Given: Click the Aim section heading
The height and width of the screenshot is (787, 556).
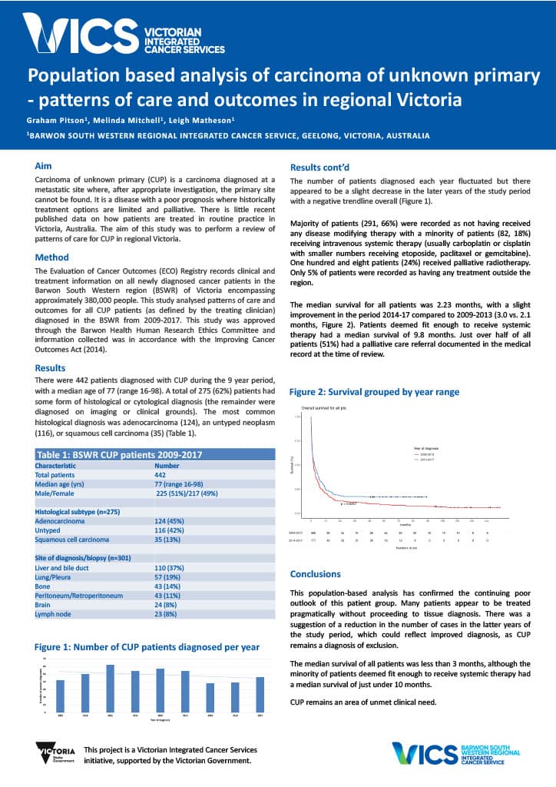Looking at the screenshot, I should coord(44,165).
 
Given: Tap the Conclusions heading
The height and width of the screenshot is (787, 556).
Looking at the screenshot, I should coord(315,573).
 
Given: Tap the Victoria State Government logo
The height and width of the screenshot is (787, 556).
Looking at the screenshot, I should coord(55,753).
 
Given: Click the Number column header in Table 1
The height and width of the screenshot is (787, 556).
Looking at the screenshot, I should coord(167,465).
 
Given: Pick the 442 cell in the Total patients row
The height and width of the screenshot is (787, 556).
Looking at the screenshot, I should coord(162,475).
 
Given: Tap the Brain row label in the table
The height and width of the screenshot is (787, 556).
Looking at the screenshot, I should coord(43,605).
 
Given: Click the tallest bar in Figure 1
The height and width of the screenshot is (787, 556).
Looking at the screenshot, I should coord(110,688).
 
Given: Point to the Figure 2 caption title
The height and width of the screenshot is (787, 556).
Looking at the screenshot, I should coord(374,391).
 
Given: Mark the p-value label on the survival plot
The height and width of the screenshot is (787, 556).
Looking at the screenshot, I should coord(349,503).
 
